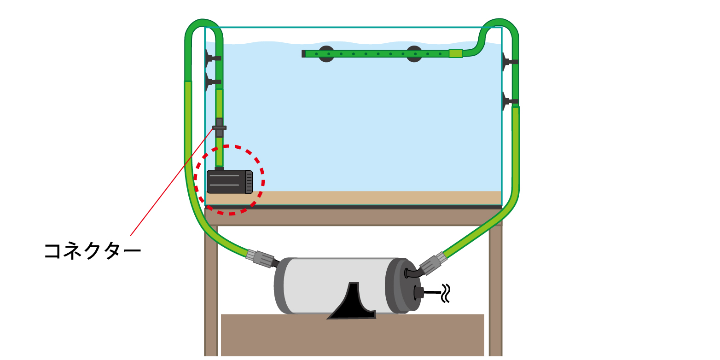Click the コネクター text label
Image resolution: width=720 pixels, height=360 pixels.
coord(92,251)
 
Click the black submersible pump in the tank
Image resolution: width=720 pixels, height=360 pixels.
coord(228,181)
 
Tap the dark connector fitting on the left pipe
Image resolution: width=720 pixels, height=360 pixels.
coord(220,128)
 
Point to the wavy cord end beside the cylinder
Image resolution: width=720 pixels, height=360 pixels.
coord(445,293)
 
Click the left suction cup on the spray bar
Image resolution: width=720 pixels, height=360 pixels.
coord(326,54)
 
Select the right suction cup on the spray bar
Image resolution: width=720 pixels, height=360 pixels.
coord(414,54)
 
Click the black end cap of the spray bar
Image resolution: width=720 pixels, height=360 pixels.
coord(304,54)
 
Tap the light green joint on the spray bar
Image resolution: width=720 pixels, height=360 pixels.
coord(455,53)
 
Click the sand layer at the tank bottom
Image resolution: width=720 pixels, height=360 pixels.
coord(368,198)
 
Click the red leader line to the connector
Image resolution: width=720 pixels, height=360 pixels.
coord(170,184)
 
